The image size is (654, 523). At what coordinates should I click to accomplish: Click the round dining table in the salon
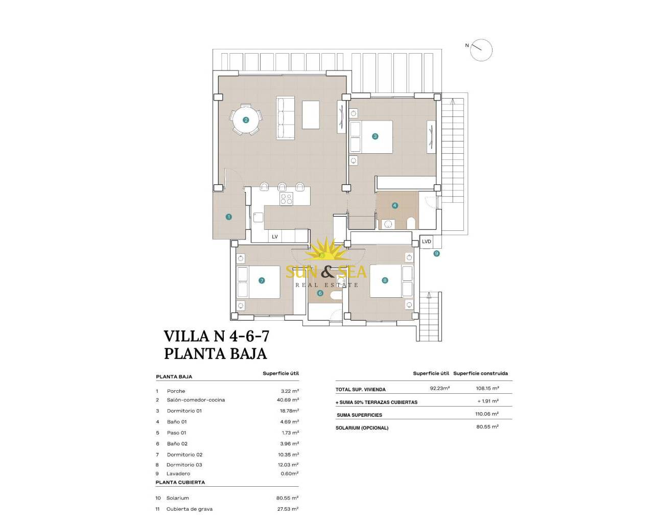coord(246,120)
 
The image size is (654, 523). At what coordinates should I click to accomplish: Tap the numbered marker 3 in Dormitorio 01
coord(375,136)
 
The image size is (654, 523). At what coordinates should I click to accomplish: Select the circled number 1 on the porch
coord(228,217)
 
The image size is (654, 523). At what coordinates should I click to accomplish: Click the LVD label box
coord(426,242)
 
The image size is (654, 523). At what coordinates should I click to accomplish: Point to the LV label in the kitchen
coord(275,237)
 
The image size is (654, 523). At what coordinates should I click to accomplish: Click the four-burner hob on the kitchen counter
coord(286,199)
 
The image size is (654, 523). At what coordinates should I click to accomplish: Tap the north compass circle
coord(481,50)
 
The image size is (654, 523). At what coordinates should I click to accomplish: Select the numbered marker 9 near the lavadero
coord(436,253)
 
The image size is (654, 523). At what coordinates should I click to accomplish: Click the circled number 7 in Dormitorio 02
coord(262,281)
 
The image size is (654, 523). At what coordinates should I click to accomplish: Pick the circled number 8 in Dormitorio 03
coord(385,280)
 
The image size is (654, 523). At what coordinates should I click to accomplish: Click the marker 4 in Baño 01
coord(395,206)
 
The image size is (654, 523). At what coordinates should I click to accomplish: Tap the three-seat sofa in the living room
coord(286,118)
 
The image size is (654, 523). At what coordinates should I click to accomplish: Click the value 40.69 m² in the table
coord(288,400)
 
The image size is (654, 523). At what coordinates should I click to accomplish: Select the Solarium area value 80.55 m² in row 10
coord(287,498)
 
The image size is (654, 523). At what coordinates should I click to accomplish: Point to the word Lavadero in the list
coord(178,474)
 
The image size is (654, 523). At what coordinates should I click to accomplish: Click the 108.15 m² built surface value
coord(487,388)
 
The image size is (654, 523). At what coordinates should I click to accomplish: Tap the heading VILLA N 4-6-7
coord(217,337)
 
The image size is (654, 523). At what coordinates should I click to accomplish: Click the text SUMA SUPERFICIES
coord(359,415)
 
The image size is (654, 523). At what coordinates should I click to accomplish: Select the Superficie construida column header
coord(480,373)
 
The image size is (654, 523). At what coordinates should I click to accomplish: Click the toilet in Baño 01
coord(411,223)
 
